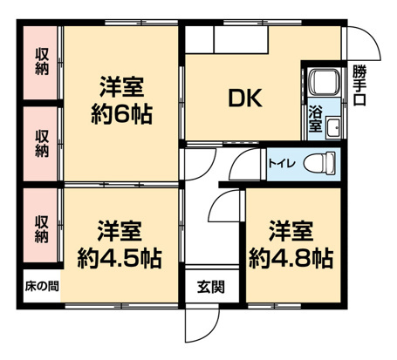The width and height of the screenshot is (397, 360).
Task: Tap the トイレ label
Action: point(280,163)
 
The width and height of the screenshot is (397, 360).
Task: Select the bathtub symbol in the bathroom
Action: point(323,85)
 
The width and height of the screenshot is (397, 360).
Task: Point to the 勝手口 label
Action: point(359,85)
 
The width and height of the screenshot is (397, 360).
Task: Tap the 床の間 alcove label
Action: point(40,287)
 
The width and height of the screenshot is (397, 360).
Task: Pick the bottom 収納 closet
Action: point(41,226)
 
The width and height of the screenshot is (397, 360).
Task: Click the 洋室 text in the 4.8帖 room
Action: point(291,231)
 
